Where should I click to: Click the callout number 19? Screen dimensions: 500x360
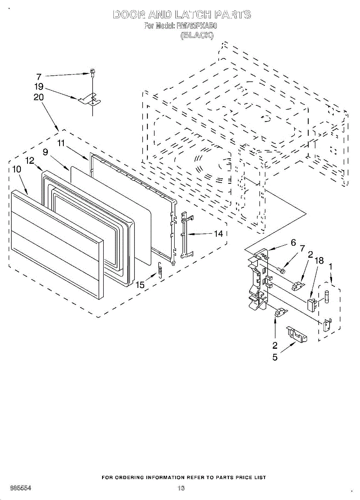39,87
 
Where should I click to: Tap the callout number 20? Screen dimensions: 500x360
39,97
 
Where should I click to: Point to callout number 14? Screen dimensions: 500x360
219,234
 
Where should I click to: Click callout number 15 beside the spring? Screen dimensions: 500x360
140,285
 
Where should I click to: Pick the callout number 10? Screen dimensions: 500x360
17,169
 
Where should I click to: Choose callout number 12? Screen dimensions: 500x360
30,160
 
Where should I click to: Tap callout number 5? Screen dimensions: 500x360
275,357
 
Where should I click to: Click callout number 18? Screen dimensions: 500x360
320,261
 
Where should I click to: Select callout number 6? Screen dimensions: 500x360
293,242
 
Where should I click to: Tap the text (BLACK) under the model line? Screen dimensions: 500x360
197,36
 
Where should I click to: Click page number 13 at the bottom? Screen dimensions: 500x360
180,488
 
